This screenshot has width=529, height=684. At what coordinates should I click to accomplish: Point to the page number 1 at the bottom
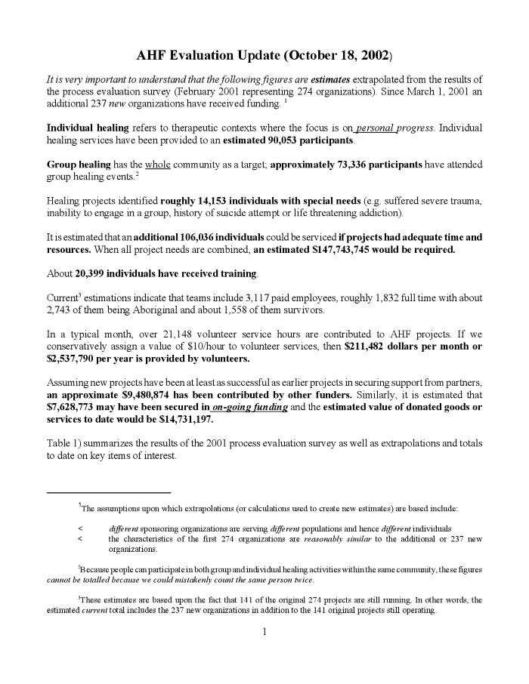pos(264,632)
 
